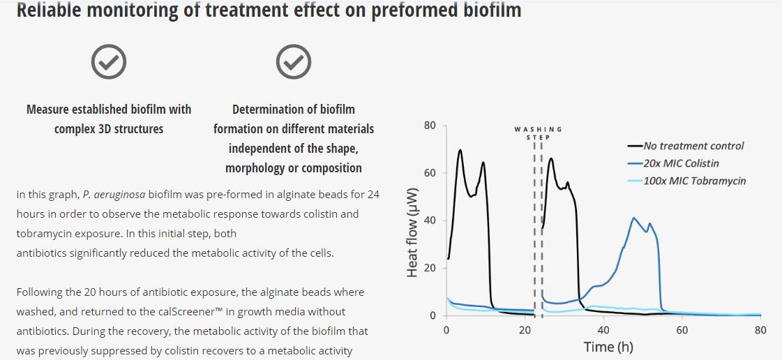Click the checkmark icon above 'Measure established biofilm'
109,63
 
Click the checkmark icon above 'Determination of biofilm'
294,63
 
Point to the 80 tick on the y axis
430,126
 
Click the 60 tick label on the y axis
430,173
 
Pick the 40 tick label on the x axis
603,330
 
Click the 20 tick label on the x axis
525,330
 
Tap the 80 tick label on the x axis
760,330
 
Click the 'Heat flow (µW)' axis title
412,232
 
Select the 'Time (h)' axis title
608,347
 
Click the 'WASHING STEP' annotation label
538,133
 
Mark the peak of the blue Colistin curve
633,218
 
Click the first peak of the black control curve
460,150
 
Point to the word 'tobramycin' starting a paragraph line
44,233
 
